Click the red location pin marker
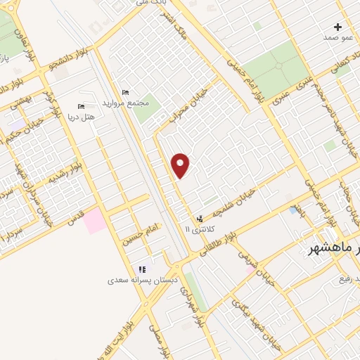pyautogui.click(x=181, y=165)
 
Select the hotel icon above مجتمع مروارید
pyautogui.click(x=125, y=93)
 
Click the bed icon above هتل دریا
pyautogui.click(x=80, y=107)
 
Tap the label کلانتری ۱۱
pyautogui.click(x=197, y=229)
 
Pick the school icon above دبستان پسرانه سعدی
pyautogui.click(x=142, y=269)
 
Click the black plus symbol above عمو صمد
pyautogui.click(x=338, y=27)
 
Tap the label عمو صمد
pyautogui.click(x=337, y=37)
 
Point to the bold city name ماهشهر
pyautogui.click(x=335, y=249)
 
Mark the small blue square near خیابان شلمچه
pyautogui.click(x=292, y=210)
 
